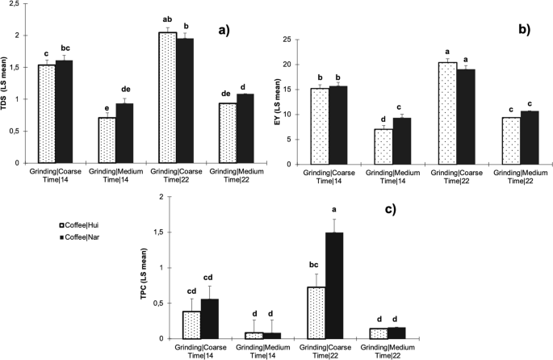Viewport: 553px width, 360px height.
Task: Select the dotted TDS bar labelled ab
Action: (167, 98)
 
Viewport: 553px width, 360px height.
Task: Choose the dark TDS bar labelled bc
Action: (65, 112)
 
